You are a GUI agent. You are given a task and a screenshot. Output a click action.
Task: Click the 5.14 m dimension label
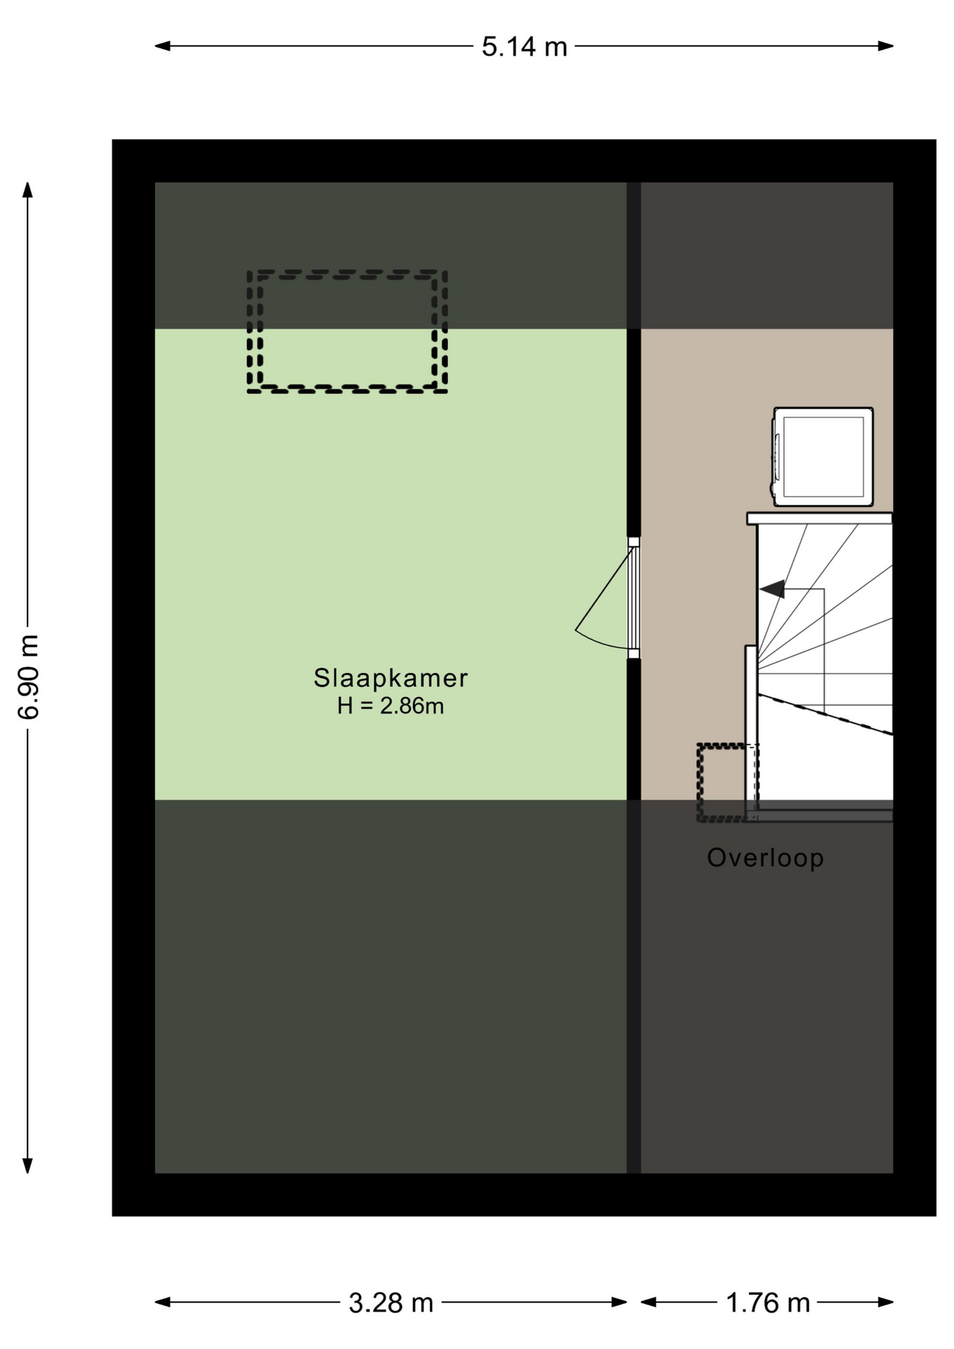pos(524,46)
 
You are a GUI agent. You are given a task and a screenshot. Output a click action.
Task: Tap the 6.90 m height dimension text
pos(29,676)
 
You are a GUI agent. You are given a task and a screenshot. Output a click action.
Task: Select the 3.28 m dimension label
pos(391,1303)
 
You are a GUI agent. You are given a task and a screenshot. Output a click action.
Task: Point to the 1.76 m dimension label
pos(768,1303)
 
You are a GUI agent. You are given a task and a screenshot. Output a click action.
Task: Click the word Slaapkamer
pos(391,678)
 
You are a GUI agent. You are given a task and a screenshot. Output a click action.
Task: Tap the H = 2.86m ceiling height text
pos(391,705)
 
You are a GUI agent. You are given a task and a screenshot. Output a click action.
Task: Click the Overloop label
pos(765,858)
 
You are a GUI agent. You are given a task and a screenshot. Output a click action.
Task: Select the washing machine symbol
pos(823,457)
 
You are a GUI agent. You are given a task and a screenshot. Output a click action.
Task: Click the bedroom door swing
pos(603,604)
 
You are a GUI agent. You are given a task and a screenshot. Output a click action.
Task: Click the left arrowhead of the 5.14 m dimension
pos(162,46)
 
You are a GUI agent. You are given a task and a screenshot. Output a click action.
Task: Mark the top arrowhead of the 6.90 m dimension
pos(28,190)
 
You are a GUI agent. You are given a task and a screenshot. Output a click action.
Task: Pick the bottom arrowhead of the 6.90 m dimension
pos(28,1165)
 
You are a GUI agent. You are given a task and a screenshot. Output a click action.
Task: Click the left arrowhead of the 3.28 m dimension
pos(162,1302)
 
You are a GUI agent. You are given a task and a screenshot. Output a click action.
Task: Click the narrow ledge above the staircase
pos(819,519)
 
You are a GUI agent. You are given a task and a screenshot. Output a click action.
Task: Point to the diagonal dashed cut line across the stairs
pos(825,715)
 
